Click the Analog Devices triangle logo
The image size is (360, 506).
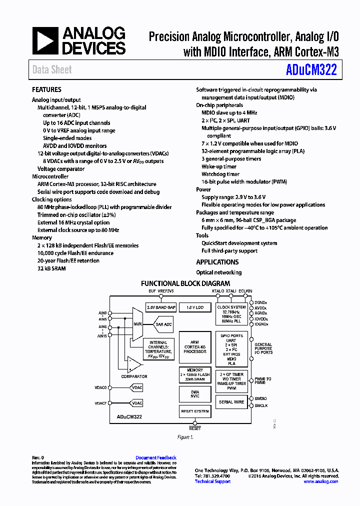tap(45, 40)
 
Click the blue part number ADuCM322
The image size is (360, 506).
tap(311, 69)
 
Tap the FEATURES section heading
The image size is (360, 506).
tap(46, 89)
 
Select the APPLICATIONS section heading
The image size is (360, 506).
tap(217, 262)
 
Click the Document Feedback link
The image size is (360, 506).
tap(156, 457)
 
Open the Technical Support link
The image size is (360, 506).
tap(212, 481)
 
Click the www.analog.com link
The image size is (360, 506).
tap(320, 481)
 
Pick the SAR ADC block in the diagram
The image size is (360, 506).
tap(163, 324)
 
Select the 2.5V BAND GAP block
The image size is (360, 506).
tap(160, 307)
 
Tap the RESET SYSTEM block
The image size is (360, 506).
tap(195, 411)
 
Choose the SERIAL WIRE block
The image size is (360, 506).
tap(231, 402)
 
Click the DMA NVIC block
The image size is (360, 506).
tap(195, 394)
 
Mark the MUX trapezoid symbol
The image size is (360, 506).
tap(137, 324)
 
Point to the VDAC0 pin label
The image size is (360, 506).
tap(100, 387)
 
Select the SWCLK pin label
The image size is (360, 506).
tap(261, 405)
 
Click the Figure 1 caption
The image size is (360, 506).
tap(185, 437)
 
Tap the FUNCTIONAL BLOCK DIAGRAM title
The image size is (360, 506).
tap(185, 283)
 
